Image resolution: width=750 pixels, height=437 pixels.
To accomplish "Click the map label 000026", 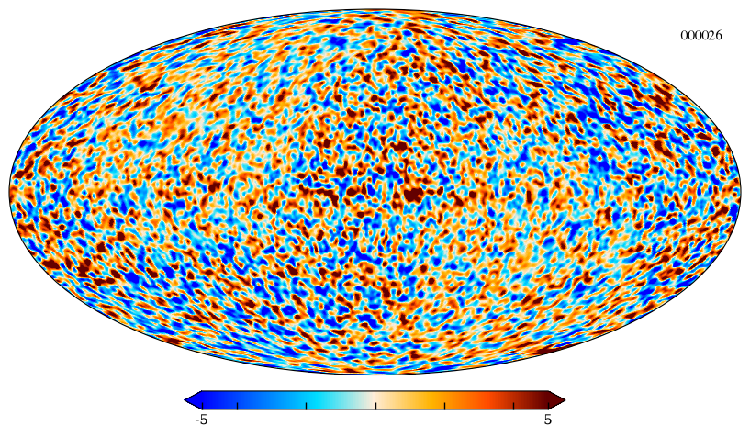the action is tap(701, 36).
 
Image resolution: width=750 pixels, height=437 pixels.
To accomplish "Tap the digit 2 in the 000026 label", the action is tap(711, 36).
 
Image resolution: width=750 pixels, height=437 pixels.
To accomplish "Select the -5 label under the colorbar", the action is tap(201, 420).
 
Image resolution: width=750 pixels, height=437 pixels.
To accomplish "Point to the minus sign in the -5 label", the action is tap(197, 421).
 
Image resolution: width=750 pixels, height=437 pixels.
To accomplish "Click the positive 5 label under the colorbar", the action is tap(548, 420).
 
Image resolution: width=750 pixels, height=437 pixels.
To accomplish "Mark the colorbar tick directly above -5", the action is tap(203, 406).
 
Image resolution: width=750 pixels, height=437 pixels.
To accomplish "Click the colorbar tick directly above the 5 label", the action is tap(548, 406).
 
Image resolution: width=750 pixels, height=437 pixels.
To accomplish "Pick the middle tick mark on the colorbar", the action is tap(375, 406).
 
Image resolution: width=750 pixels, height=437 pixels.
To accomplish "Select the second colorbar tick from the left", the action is tap(237, 406).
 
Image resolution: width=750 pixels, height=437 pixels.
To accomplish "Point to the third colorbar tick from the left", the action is tap(306, 406).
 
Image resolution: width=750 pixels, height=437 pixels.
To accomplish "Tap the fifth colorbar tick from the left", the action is tap(444, 406).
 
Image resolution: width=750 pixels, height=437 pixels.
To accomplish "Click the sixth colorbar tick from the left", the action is tap(513, 406).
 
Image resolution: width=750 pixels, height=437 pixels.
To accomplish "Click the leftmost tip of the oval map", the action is tap(9, 191).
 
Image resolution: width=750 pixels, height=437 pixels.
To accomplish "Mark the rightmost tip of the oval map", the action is tap(741, 191).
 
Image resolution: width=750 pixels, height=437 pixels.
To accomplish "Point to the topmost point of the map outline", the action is tap(375, 8).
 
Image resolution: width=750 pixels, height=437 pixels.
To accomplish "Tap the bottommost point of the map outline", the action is tap(375, 375).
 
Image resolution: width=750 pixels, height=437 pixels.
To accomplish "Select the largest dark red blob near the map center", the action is tap(412, 194).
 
